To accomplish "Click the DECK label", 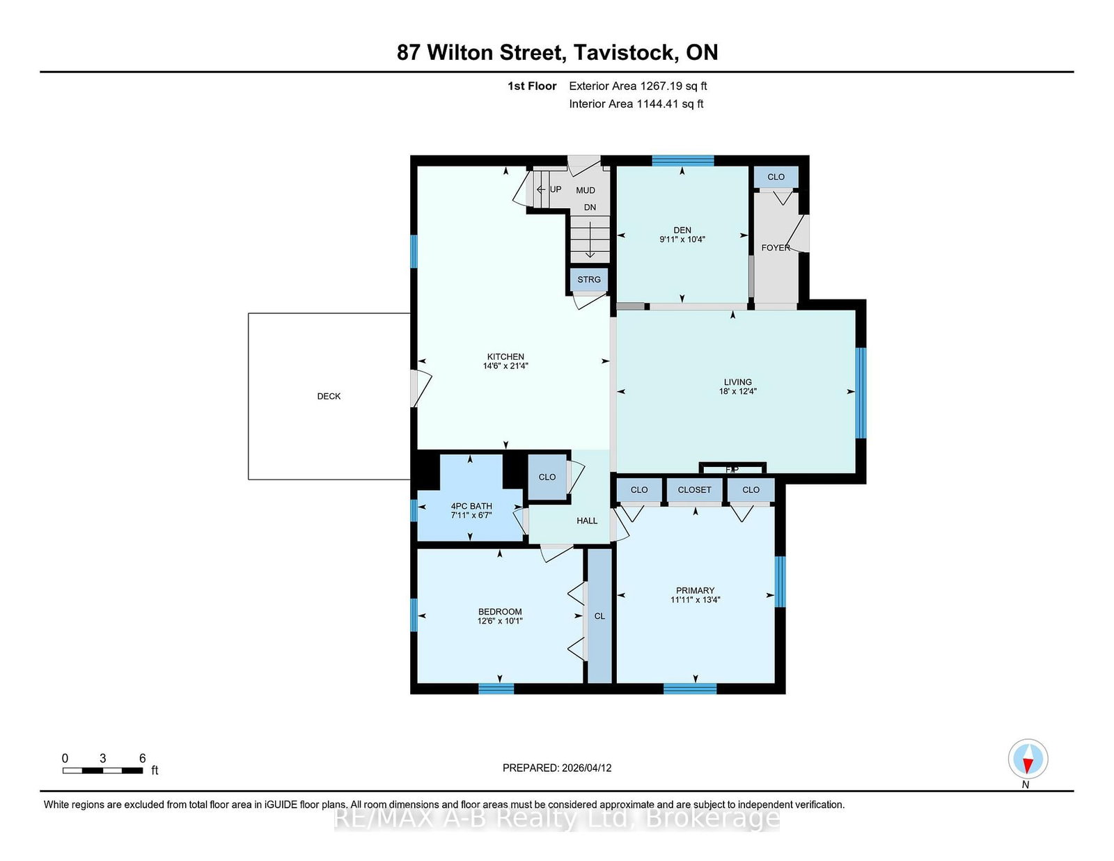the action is (x=329, y=396).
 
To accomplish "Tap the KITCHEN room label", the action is (x=505, y=356).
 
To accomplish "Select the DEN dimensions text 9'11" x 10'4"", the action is (x=682, y=239).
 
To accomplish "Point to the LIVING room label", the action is (x=738, y=382).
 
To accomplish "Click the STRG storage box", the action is (x=589, y=280).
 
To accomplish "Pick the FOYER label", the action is (x=775, y=248).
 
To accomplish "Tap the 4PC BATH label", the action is (x=471, y=506).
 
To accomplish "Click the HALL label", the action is (x=587, y=521).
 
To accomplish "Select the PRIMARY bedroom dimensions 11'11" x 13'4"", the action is (x=695, y=599).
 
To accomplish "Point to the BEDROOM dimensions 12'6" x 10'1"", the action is (x=500, y=621).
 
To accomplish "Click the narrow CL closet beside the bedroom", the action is (x=599, y=616).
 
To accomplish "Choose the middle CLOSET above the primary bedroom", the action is (x=695, y=490).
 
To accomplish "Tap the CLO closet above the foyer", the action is (x=776, y=177).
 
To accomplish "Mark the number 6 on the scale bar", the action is (x=143, y=758).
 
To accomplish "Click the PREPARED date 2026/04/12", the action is (x=586, y=768).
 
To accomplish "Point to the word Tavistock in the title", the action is (x=623, y=52).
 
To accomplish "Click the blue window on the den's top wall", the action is (x=683, y=160).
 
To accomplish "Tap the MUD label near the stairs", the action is (x=586, y=191).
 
